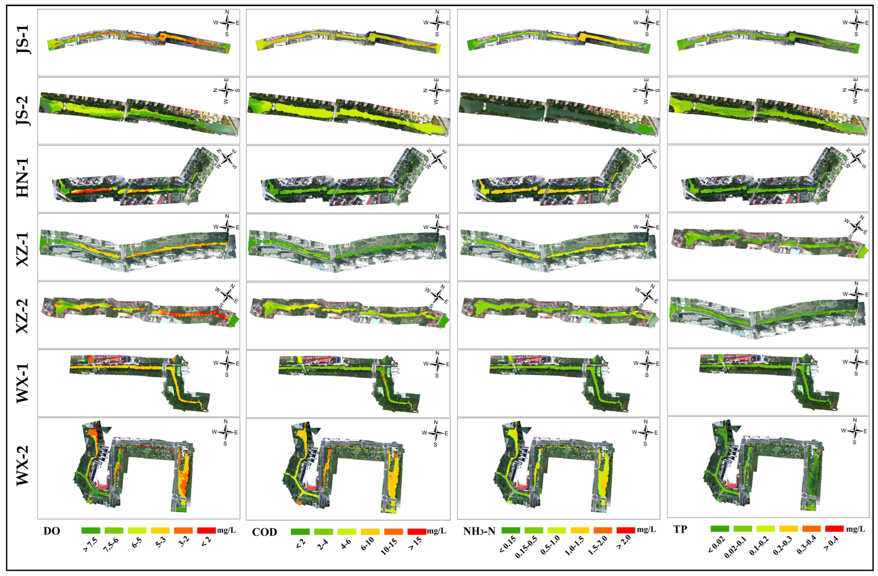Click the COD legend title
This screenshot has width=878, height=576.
pos(264,532)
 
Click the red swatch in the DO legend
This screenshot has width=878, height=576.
pos(207,531)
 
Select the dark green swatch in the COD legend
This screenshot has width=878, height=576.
pos(300,532)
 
